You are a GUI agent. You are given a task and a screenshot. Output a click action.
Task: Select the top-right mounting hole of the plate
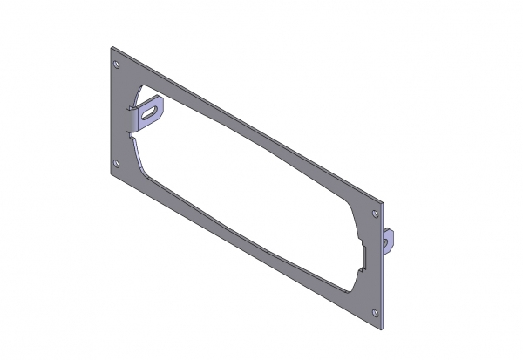[x=376, y=213]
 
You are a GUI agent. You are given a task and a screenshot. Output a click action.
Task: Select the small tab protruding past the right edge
[x=390, y=241]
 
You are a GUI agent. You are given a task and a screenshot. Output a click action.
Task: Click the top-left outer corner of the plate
[x=112, y=46]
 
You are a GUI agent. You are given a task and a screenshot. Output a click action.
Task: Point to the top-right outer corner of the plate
[x=382, y=203]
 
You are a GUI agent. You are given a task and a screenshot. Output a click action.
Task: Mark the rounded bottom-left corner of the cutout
[x=144, y=169]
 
